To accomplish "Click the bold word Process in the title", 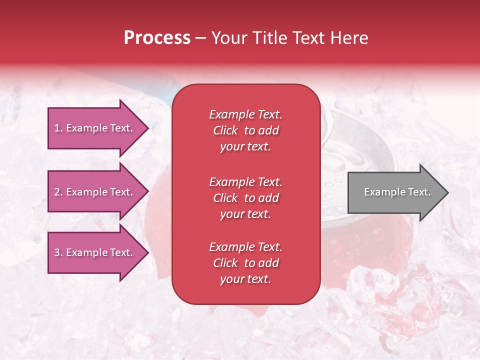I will pos(157,38).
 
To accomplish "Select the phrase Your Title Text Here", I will pos(289,38).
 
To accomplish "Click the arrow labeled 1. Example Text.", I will pos(95,128).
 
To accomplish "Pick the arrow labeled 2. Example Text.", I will pos(95,192).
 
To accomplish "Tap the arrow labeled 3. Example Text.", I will pos(95,252).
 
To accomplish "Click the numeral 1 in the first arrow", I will pos(57,128).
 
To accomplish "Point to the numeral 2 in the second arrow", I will pos(57,192).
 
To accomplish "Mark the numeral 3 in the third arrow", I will pos(57,252).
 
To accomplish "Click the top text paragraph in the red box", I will pos(245,130).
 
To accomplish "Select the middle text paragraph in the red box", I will pos(245,198).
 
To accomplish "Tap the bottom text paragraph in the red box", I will pos(245,263).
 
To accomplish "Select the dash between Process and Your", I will pos(201,38).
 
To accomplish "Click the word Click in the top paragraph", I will pos(225,130).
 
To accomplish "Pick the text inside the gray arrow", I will pos(397,192).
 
